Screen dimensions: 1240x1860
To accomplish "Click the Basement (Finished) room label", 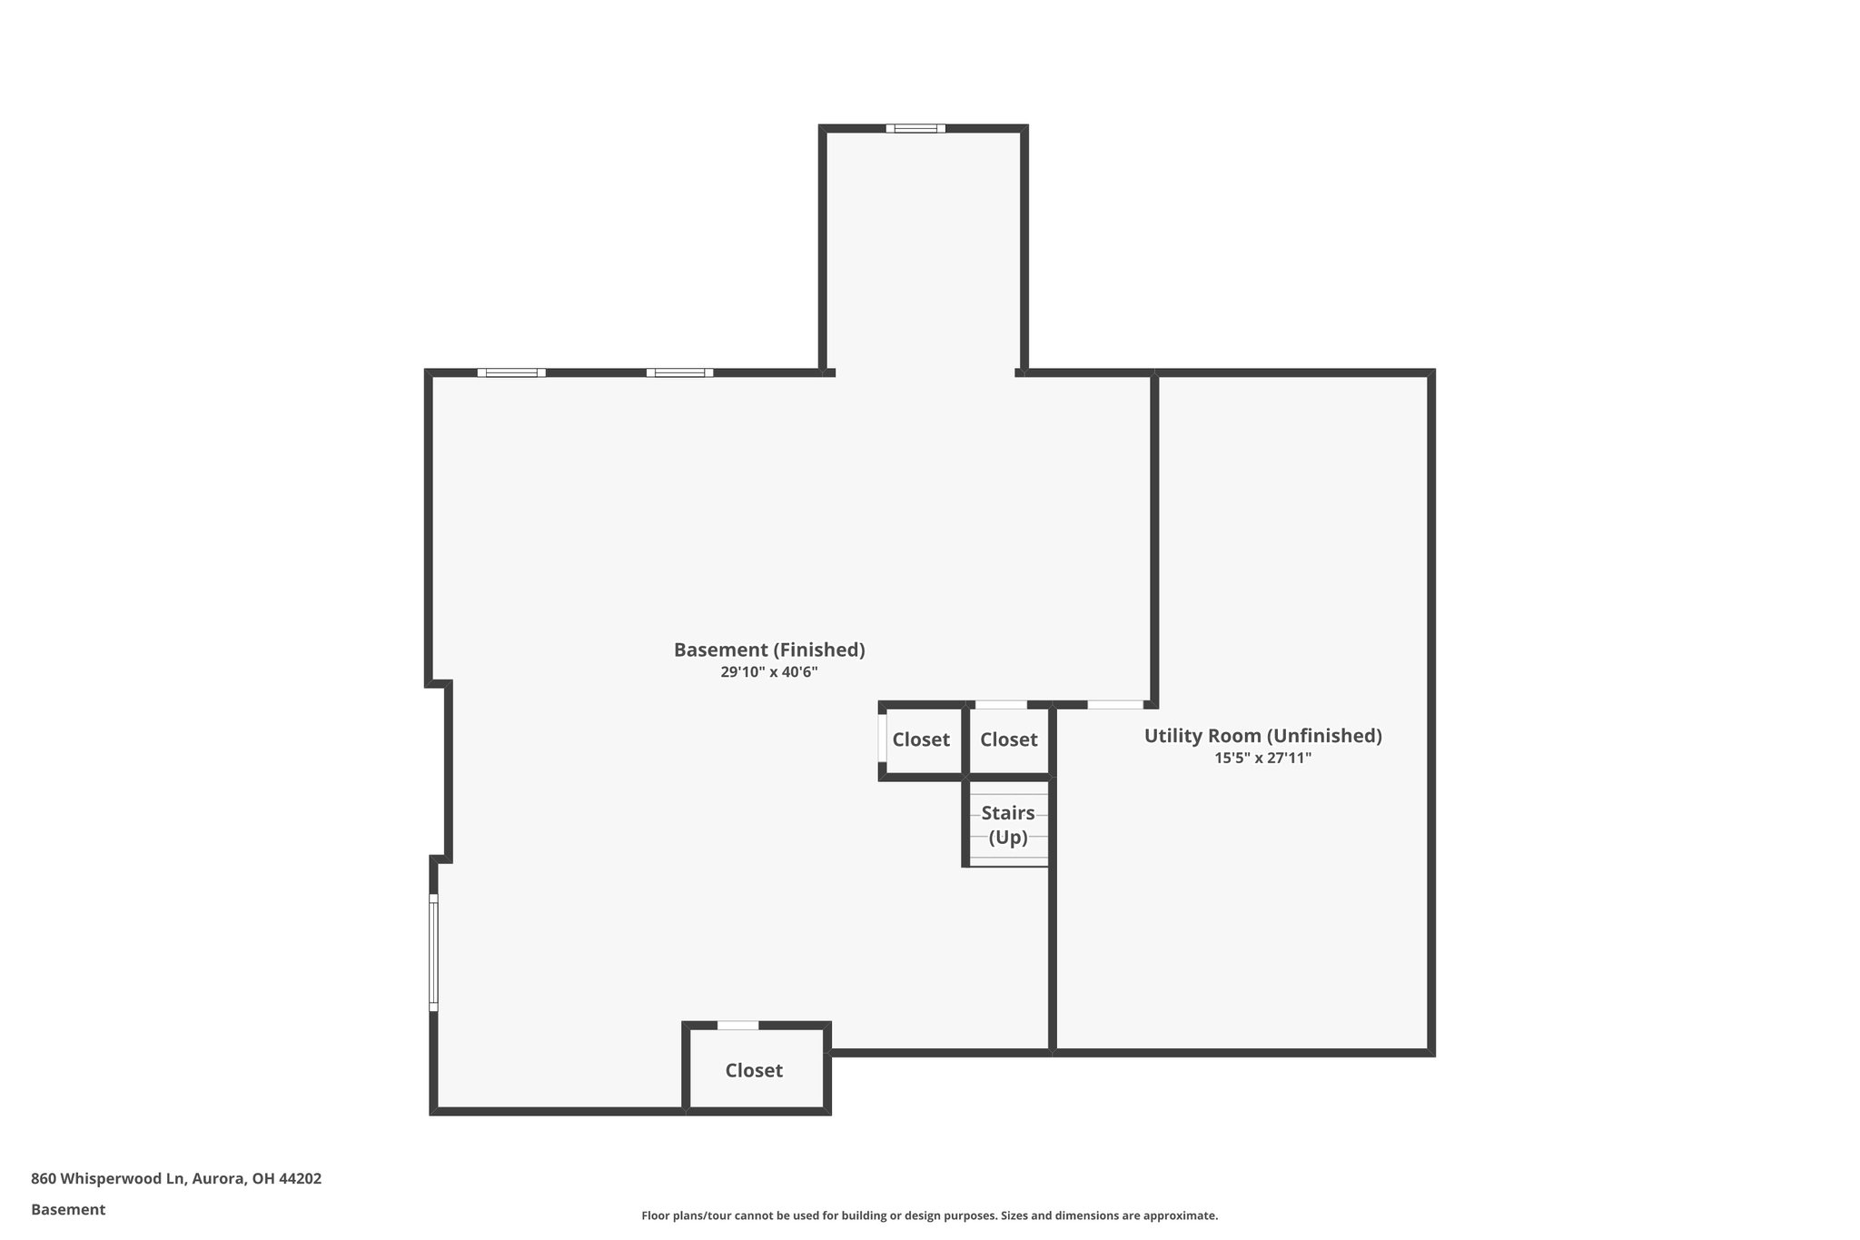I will pyautogui.click(x=768, y=650).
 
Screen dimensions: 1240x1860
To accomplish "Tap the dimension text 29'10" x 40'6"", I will pyautogui.click(x=768, y=673).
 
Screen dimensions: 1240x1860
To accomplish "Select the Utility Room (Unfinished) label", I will pyautogui.click(x=1262, y=736).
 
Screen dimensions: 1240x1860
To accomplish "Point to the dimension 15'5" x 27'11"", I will pyautogui.click(x=1262, y=758).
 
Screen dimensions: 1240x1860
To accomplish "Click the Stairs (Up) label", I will pyautogui.click(x=1007, y=825).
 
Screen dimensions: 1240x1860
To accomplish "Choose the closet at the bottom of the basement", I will pyautogui.click(x=754, y=1070).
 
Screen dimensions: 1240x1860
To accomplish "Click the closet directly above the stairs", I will pyautogui.click(x=1008, y=739).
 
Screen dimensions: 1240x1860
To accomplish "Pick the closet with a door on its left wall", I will pyautogui.click(x=920, y=739).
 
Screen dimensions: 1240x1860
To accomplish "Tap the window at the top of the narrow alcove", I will pyautogui.click(x=915, y=128).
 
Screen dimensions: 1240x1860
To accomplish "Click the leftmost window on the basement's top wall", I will pyautogui.click(x=511, y=372).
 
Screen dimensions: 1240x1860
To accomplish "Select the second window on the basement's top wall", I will pyautogui.click(x=679, y=372).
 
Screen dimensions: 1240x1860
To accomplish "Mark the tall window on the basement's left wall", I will pyautogui.click(x=433, y=952).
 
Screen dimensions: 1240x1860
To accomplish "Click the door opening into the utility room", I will pyautogui.click(x=1115, y=705).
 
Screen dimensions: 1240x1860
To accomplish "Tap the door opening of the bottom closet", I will pyautogui.click(x=737, y=1026).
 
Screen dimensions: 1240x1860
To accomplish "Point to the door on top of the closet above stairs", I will pyautogui.click(x=1001, y=705).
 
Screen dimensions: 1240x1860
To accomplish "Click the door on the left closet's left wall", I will pyautogui.click(x=882, y=738).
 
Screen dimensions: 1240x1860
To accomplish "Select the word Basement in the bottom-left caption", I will pyautogui.click(x=68, y=1209).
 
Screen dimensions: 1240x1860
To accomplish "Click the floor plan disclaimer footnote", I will pyautogui.click(x=929, y=1215).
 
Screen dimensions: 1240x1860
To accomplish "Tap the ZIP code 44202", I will pyautogui.click(x=300, y=1178).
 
